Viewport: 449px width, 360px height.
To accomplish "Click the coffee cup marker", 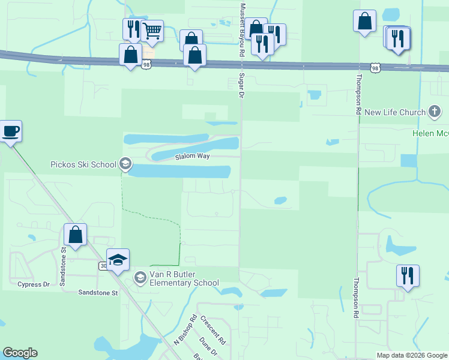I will (11, 131).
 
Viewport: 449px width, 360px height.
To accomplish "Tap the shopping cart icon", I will (152, 30).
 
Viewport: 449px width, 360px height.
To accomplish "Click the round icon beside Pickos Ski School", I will (125, 163).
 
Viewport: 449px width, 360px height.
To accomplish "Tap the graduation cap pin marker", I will (118, 260).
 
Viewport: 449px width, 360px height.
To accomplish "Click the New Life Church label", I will (396, 112).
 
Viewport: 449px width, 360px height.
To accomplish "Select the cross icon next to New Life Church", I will (435, 112).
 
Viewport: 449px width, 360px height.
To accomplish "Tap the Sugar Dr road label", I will (241, 86).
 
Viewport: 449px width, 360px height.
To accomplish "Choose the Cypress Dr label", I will (34, 284).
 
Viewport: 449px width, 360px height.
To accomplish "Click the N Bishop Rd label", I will (185, 331).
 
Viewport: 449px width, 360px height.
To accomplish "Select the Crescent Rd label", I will (212, 330).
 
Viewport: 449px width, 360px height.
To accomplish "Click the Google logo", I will (20, 353).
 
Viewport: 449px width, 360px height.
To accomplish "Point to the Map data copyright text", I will (412, 355).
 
